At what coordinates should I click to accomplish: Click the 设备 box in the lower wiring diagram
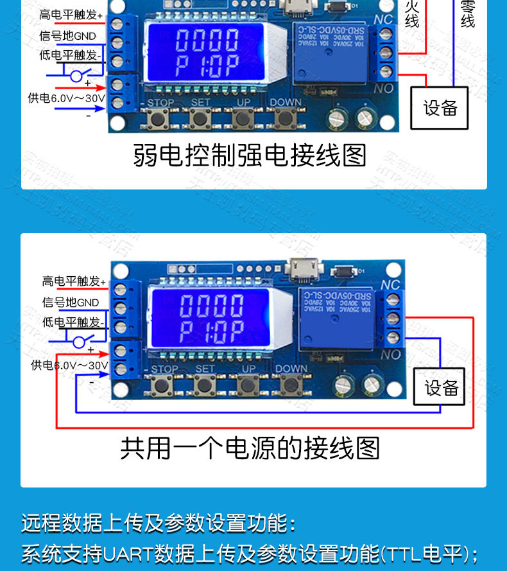click(x=442, y=387)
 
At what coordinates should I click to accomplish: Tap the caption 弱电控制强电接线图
click(x=250, y=155)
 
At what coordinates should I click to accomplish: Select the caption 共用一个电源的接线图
click(x=250, y=448)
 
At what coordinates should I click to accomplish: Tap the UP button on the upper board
click(x=242, y=118)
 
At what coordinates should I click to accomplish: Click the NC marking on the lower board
click(x=390, y=285)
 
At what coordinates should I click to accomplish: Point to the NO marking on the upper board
click(x=383, y=89)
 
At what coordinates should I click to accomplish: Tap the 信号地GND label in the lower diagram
click(x=71, y=302)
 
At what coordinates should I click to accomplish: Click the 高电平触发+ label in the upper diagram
click(x=71, y=14)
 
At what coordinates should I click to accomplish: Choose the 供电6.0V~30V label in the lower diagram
click(x=69, y=365)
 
